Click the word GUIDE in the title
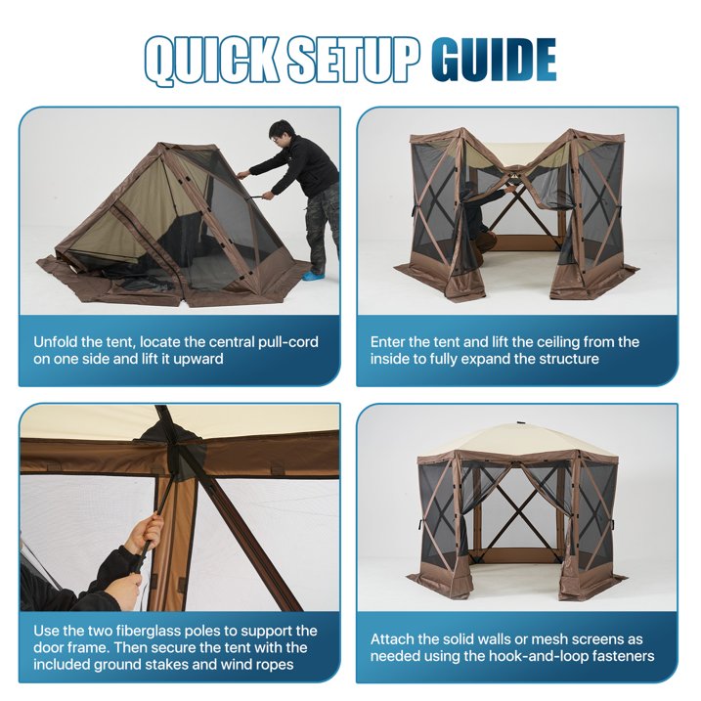tap(494, 61)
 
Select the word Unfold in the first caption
tap(57, 342)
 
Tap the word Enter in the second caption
tap(389, 342)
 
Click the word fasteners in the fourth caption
tap(610, 656)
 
